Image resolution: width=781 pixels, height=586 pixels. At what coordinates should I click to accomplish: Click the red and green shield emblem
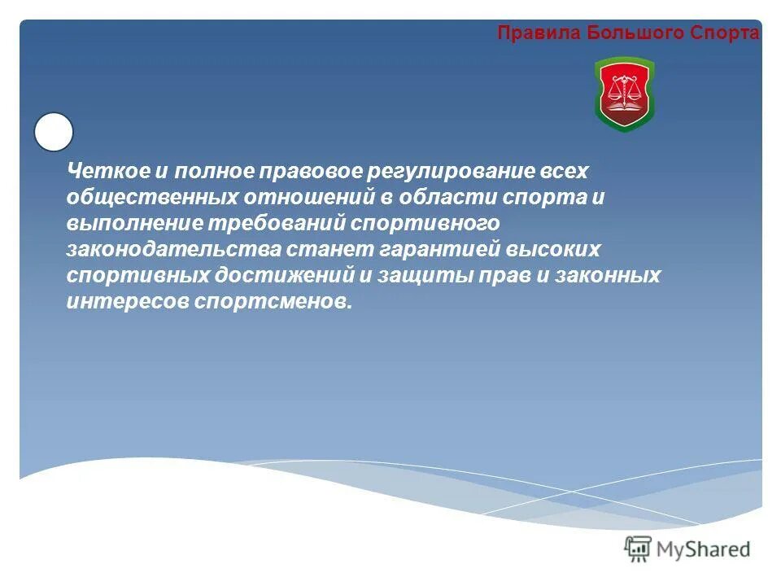tap(624, 94)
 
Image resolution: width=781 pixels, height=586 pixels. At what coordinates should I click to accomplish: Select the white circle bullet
tap(54, 132)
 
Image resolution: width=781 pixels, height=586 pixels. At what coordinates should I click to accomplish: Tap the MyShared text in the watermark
tap(705, 549)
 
